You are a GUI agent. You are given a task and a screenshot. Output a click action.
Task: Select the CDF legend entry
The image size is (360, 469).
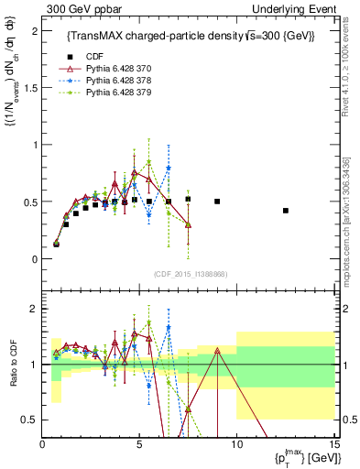[99, 57]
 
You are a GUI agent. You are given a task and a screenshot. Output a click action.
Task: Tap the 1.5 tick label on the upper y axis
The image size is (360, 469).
[29, 87]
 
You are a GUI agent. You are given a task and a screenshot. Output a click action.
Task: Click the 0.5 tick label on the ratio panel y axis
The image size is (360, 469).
[29, 420]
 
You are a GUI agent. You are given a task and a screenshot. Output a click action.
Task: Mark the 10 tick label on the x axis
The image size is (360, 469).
[236, 444]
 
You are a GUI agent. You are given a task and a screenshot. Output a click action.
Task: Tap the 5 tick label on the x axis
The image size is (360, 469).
[139, 444]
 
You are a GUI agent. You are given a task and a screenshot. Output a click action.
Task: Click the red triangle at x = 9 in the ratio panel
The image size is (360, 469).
[217, 350]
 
